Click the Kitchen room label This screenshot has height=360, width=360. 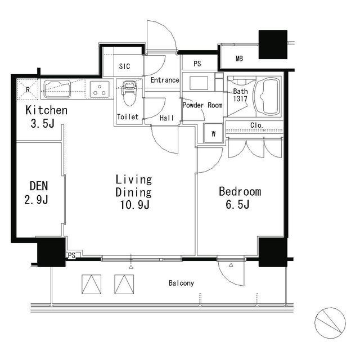tap(46, 110)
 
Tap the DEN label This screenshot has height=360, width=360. tap(39, 186)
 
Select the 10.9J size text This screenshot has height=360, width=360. tap(135, 205)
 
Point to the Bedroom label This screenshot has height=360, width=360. tap(240, 192)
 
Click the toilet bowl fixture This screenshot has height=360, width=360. tap(129, 93)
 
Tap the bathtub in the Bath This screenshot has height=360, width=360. tap(268, 96)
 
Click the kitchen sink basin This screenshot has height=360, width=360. tap(57, 89)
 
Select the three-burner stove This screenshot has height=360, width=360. tap(100, 89)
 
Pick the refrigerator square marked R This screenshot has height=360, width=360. tap(28, 89)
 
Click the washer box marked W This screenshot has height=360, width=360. tap(213, 133)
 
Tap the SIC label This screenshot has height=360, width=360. tap(125, 66)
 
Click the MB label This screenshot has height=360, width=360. tap(239, 58)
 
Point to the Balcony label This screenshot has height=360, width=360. tap(181, 283)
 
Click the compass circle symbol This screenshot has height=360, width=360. tap(330, 323)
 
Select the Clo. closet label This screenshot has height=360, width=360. tap(256, 125)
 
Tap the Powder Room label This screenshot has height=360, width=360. tap(202, 105)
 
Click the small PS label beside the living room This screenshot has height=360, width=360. tap(71, 255)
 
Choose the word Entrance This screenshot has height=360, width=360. tap(165, 80)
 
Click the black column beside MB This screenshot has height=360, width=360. tap(273, 44)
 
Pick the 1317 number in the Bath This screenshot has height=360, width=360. tap(240, 99)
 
